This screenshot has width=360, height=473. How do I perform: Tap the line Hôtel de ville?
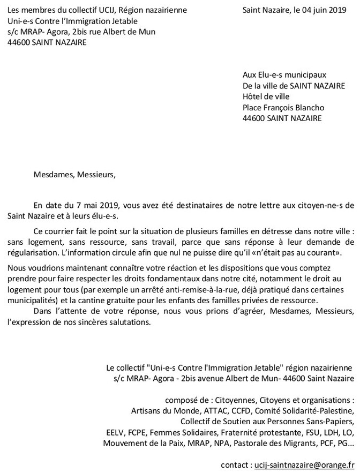(x=266, y=96)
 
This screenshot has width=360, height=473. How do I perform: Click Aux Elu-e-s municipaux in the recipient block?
(x=284, y=75)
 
